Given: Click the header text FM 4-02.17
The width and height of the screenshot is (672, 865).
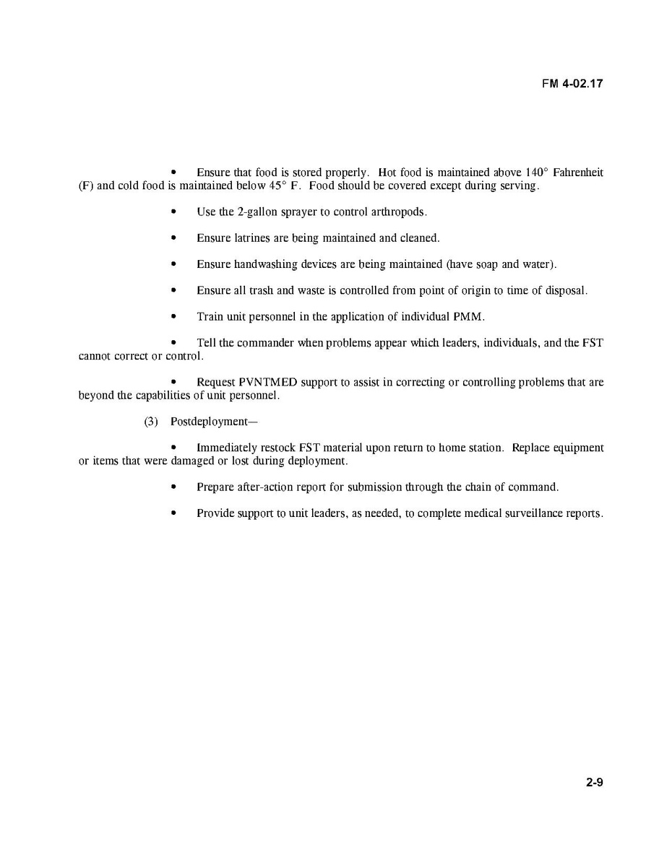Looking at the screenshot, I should [x=572, y=84].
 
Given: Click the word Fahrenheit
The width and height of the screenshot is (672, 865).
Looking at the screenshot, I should [x=578, y=173].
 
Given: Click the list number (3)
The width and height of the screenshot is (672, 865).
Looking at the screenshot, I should [x=151, y=422].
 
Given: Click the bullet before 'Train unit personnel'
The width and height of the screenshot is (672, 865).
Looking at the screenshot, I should [x=173, y=317].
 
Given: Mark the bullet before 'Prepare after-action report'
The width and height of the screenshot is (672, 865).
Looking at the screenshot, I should [x=173, y=487].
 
